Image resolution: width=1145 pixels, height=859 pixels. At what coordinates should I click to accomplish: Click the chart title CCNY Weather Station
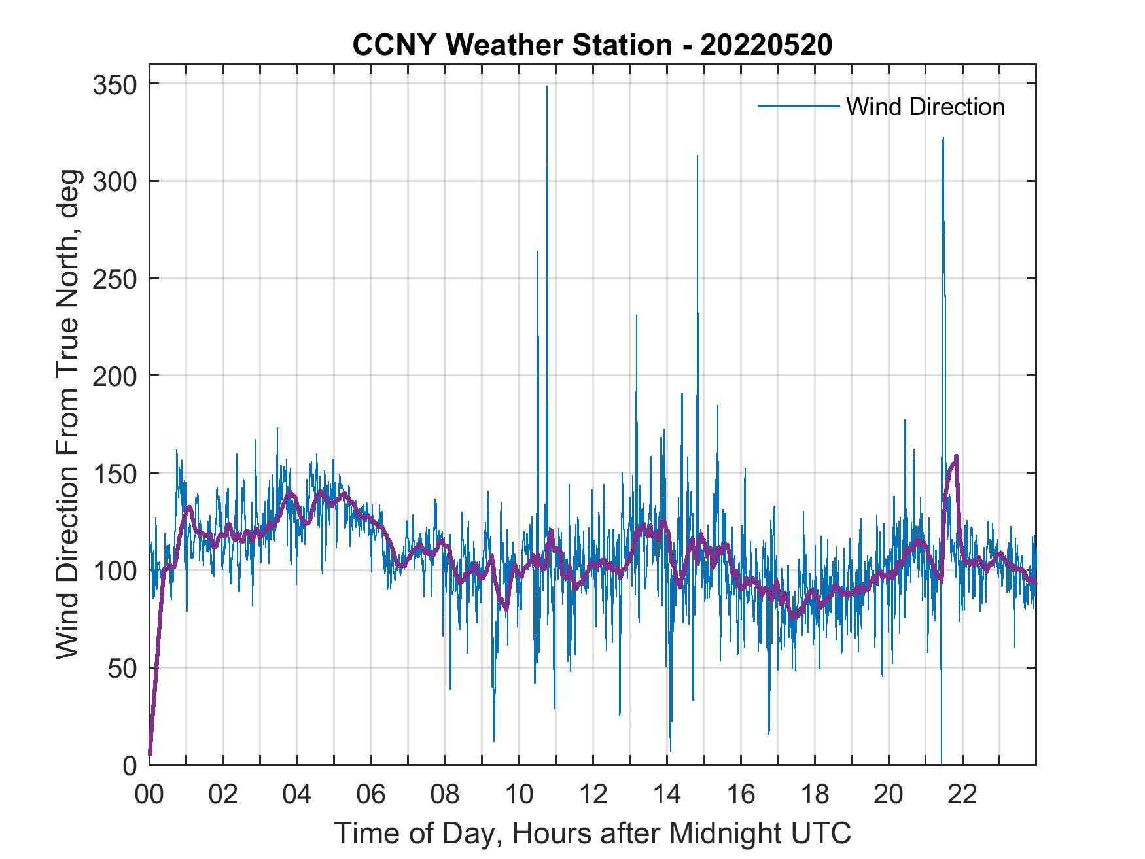point(592,45)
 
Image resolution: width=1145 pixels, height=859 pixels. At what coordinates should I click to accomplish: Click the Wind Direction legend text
point(925,107)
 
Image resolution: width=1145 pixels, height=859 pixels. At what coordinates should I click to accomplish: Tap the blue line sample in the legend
point(798,106)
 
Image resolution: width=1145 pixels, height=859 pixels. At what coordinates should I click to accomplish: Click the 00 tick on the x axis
point(149,795)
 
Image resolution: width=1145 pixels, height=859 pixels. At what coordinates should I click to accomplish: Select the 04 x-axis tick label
point(297,795)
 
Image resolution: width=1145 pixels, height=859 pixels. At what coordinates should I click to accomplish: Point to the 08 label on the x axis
point(445,795)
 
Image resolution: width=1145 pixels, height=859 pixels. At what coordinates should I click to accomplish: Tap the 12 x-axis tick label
point(593,795)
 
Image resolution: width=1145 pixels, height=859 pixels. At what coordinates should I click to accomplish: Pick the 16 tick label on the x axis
point(741,795)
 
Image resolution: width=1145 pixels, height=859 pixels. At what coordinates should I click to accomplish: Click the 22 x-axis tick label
point(962,795)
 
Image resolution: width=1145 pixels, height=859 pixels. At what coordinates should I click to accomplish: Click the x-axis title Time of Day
point(592,833)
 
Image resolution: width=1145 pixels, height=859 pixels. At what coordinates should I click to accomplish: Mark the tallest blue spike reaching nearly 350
point(547,87)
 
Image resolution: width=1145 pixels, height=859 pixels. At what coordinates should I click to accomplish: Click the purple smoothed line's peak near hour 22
point(956,456)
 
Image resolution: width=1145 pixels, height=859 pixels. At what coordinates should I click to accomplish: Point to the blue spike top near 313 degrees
point(697,156)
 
